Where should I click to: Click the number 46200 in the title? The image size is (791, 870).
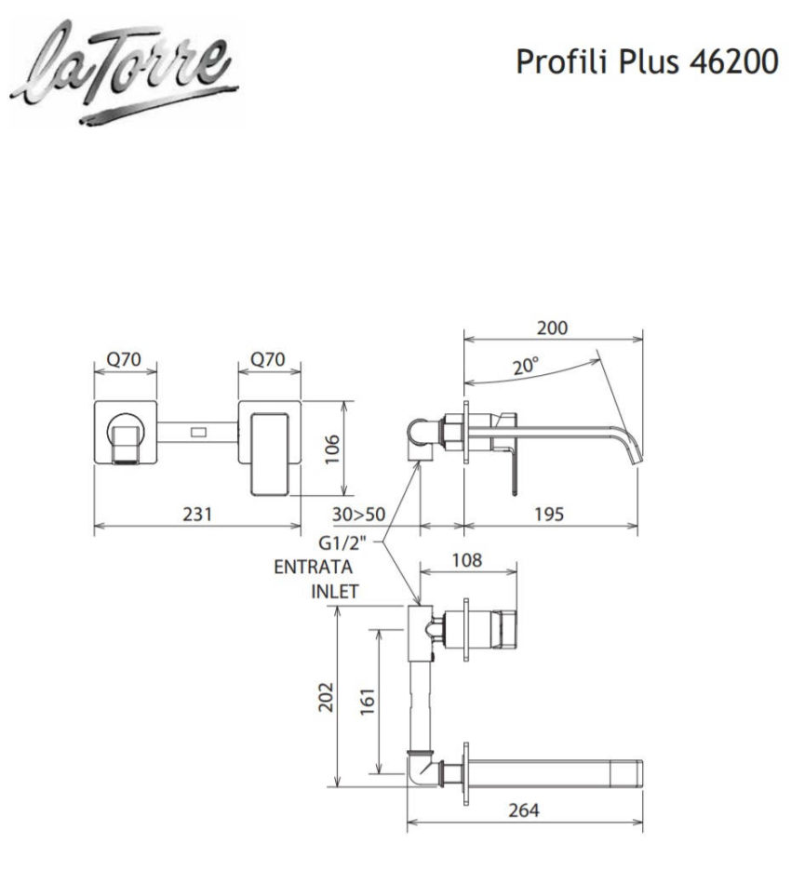733,61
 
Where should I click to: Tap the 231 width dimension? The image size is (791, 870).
197,514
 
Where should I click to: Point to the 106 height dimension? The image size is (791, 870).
331,450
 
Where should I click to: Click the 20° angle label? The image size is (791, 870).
525,367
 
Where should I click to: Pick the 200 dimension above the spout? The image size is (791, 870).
553,328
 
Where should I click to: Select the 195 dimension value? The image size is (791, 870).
549,515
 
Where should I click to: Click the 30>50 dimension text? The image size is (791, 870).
358,515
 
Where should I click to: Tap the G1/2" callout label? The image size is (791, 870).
342,542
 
